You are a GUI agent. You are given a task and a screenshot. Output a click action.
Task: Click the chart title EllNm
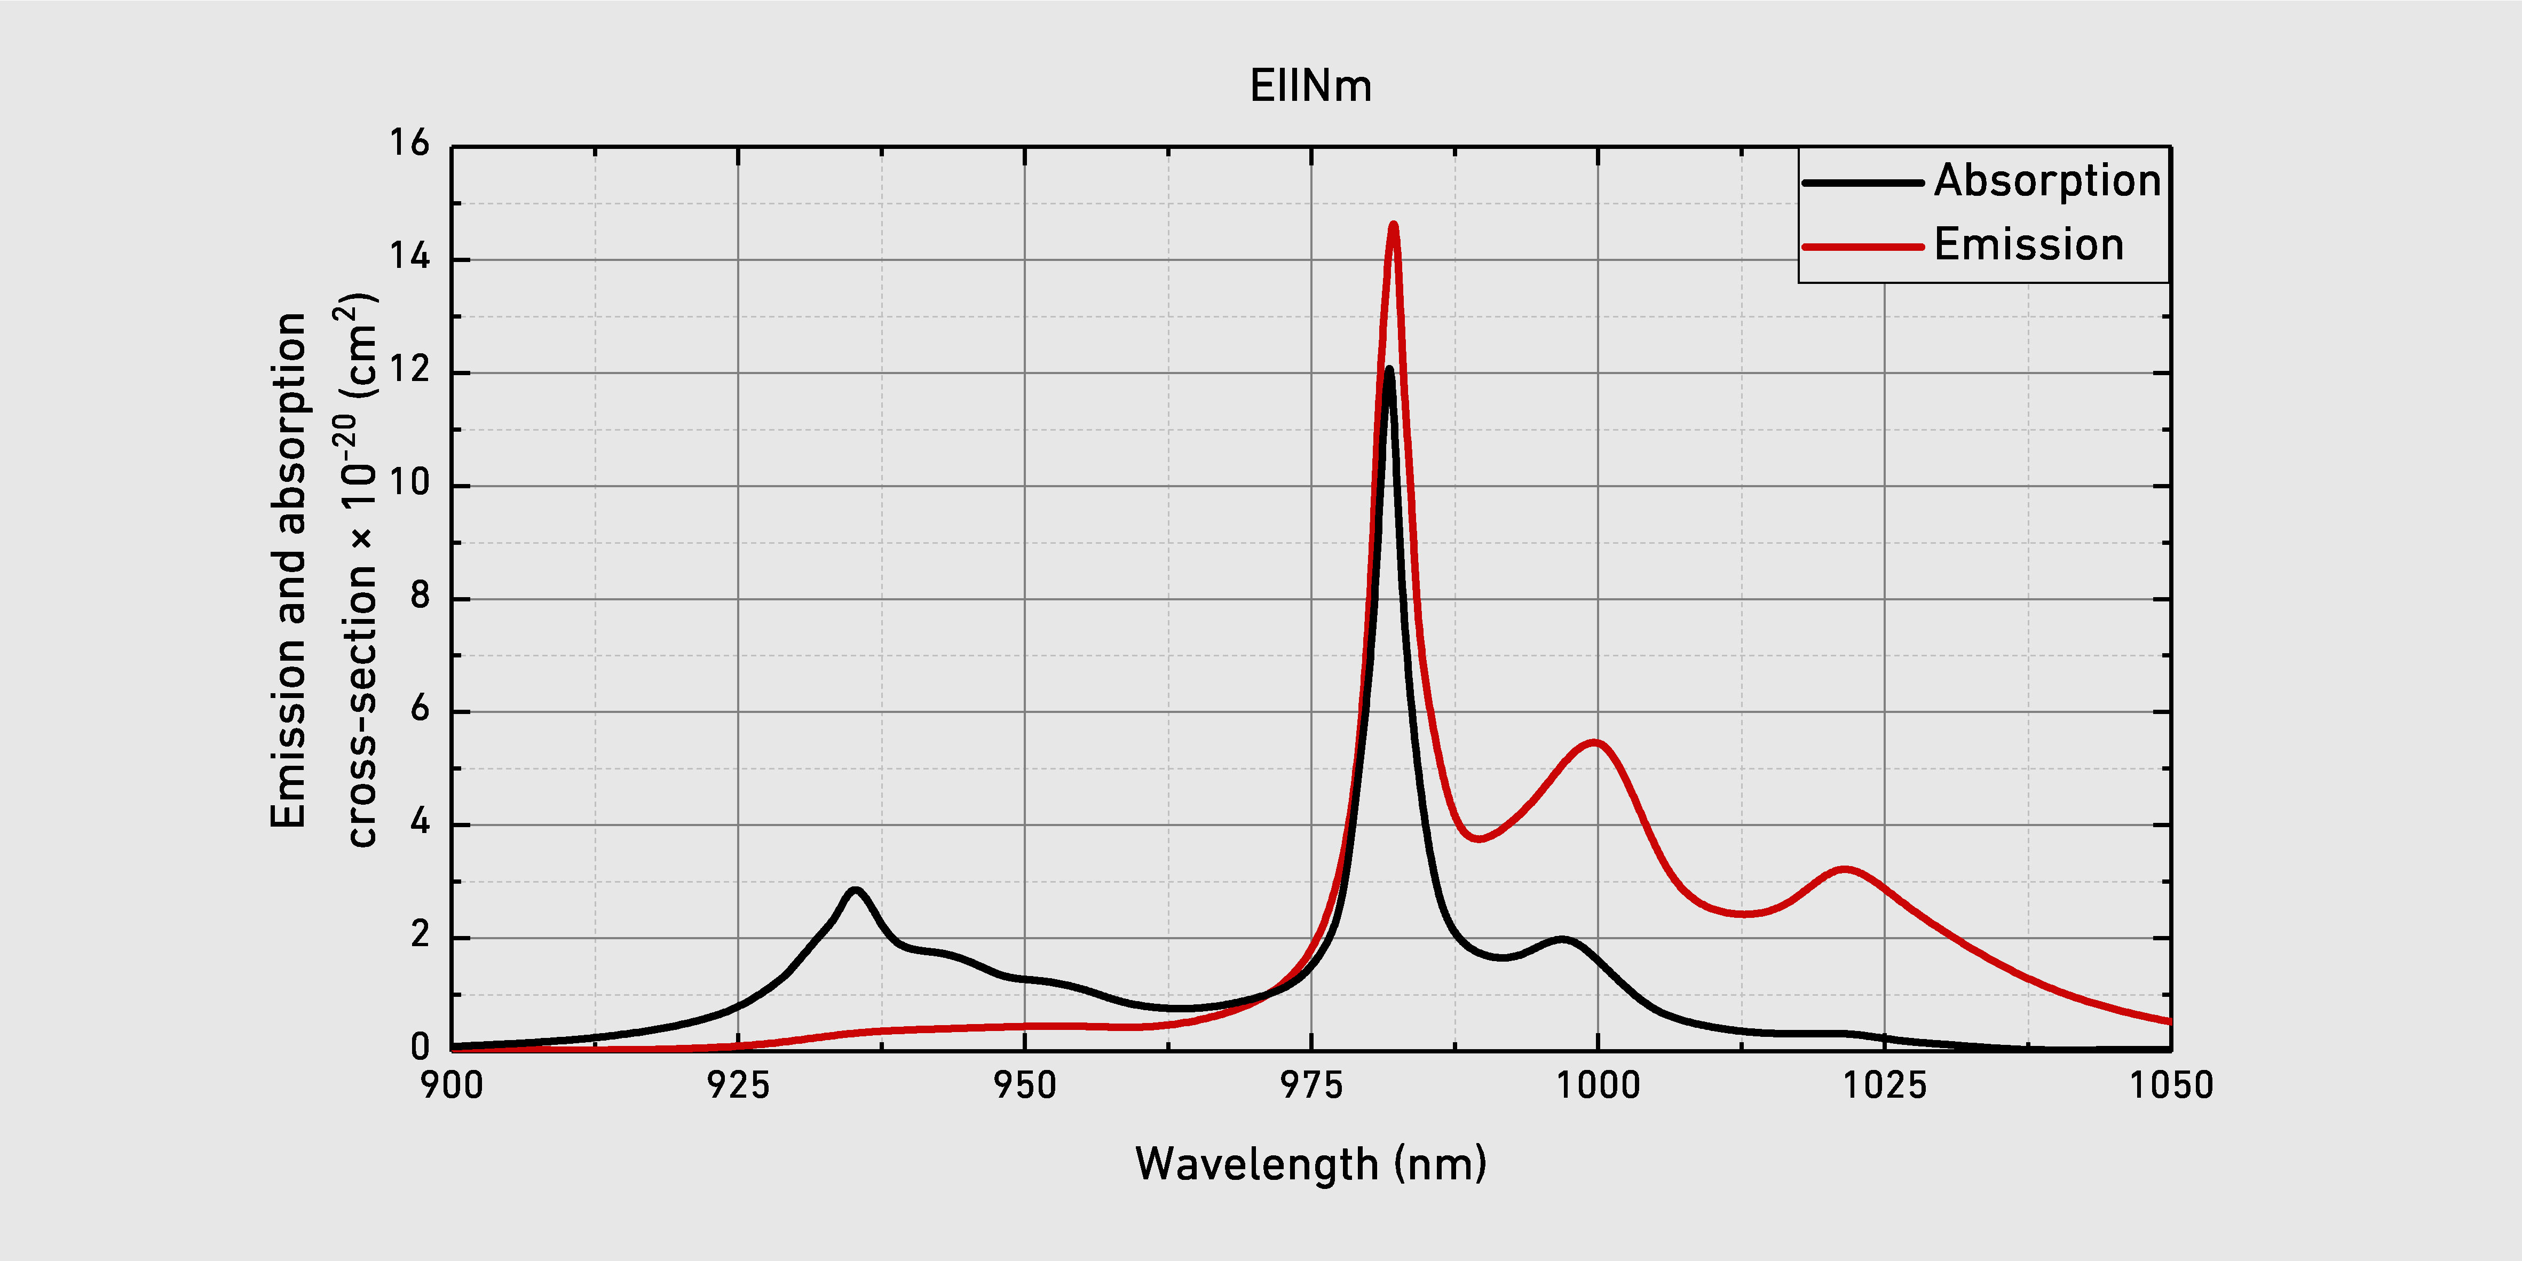1311,86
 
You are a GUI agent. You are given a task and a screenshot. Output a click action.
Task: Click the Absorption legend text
2047,181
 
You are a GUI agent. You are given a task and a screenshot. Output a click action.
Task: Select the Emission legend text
2029,245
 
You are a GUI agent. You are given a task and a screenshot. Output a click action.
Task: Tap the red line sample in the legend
1863,247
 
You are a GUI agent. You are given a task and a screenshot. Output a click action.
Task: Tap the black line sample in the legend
1863,183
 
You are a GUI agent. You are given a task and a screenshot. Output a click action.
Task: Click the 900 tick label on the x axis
452,1085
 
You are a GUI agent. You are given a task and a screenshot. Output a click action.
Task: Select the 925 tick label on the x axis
738,1085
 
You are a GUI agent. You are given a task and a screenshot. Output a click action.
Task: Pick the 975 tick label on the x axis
1312,1085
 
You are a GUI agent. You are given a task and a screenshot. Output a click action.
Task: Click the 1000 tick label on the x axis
1598,1085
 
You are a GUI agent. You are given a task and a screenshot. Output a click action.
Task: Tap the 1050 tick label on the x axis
2171,1085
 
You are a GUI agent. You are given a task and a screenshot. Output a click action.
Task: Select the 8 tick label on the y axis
420,596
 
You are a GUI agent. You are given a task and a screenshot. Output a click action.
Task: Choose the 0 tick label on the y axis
420,1048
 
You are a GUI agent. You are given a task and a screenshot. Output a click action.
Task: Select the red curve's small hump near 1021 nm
1845,869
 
